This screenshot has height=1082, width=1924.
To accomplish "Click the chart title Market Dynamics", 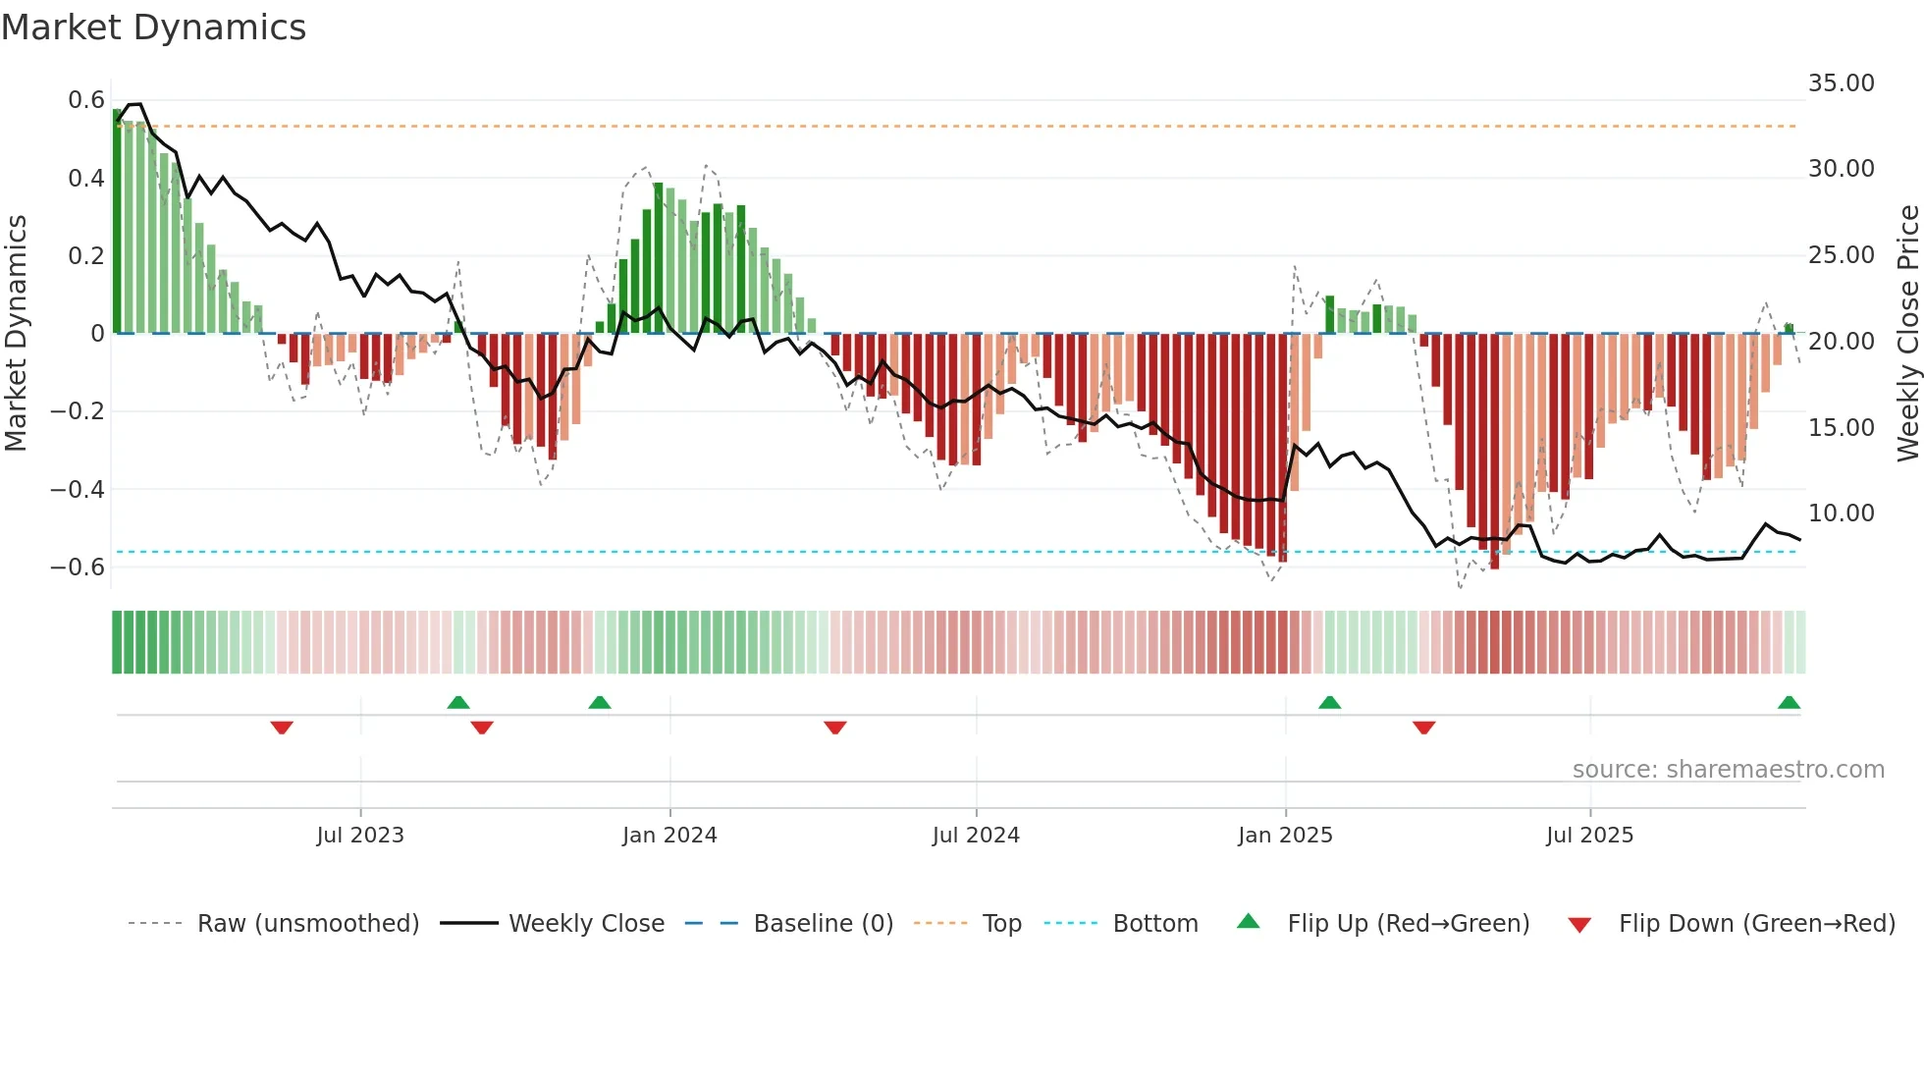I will [x=153, y=27].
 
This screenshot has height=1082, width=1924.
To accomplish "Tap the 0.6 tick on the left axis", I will [x=86, y=100].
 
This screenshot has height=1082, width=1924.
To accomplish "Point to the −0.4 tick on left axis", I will [x=78, y=489].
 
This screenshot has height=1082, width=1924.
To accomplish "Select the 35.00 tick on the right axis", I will [x=1841, y=83].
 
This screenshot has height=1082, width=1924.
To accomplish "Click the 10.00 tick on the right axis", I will [x=1841, y=514].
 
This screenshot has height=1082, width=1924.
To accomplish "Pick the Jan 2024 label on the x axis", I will [x=669, y=836].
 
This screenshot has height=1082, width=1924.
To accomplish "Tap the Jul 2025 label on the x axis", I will [x=1589, y=836].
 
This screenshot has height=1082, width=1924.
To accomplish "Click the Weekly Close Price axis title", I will [x=1907, y=334].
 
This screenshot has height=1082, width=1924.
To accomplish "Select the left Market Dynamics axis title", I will [x=16, y=334].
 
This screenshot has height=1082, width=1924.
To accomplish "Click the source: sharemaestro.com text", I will [x=1728, y=770].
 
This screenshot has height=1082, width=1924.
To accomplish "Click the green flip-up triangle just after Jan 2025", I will [x=1329, y=703].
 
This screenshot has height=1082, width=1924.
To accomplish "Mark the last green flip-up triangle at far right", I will [x=1789, y=703].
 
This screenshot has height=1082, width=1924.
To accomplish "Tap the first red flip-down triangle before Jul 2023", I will [x=282, y=727].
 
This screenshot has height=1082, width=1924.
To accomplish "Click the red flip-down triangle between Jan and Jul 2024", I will [x=835, y=727].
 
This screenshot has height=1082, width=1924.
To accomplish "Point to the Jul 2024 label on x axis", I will [x=976, y=836].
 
